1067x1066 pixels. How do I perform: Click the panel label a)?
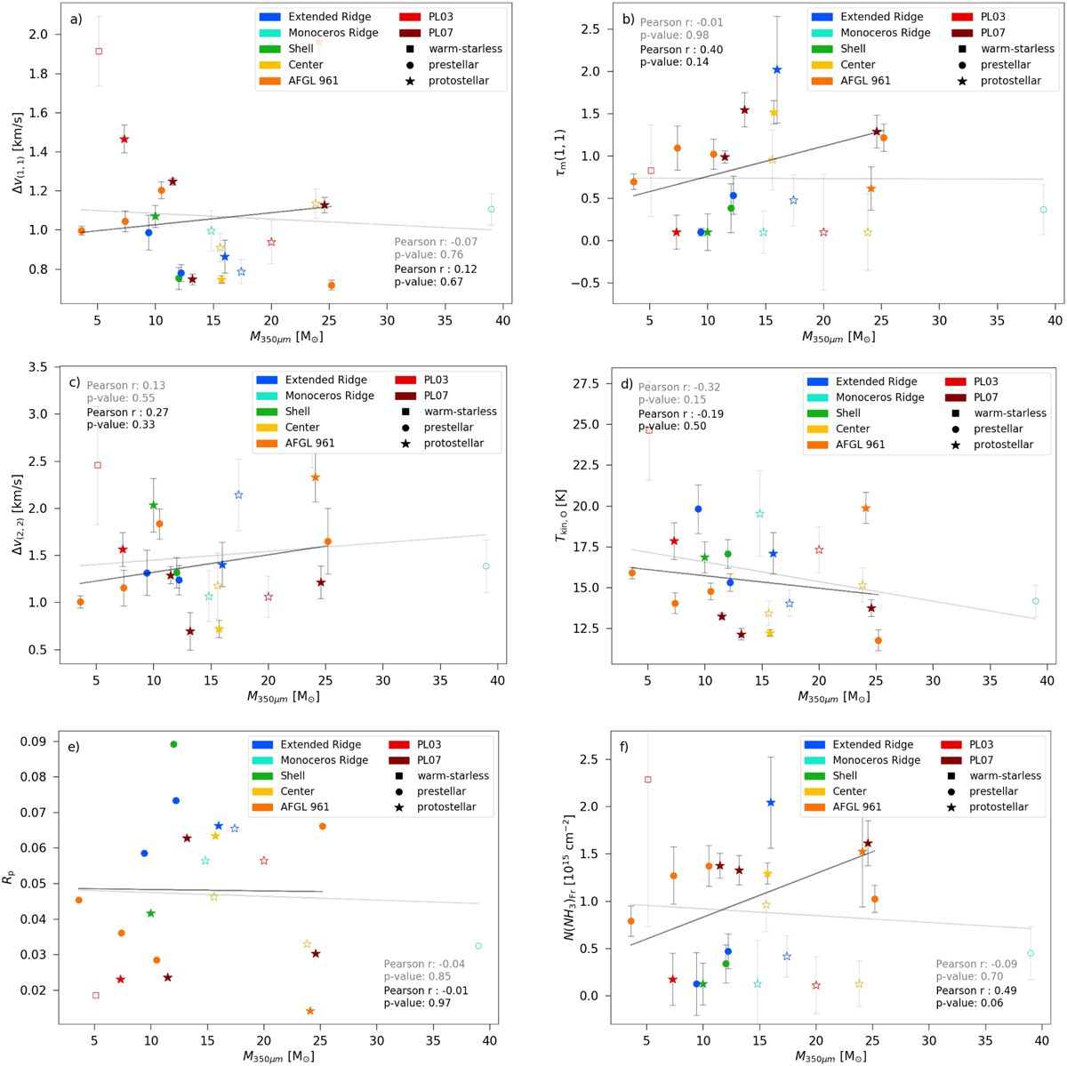click(x=76, y=19)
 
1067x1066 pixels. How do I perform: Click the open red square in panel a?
click(x=99, y=51)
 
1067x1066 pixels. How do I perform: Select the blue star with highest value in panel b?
click(x=777, y=69)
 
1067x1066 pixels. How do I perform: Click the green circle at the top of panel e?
click(x=173, y=744)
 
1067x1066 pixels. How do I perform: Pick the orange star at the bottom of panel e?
click(x=310, y=1011)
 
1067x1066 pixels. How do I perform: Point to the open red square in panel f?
click(x=647, y=780)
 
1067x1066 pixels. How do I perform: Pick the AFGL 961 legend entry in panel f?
click(x=853, y=807)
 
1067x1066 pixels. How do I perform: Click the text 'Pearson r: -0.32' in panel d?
click(x=679, y=388)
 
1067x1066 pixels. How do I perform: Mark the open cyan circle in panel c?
click(x=486, y=566)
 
